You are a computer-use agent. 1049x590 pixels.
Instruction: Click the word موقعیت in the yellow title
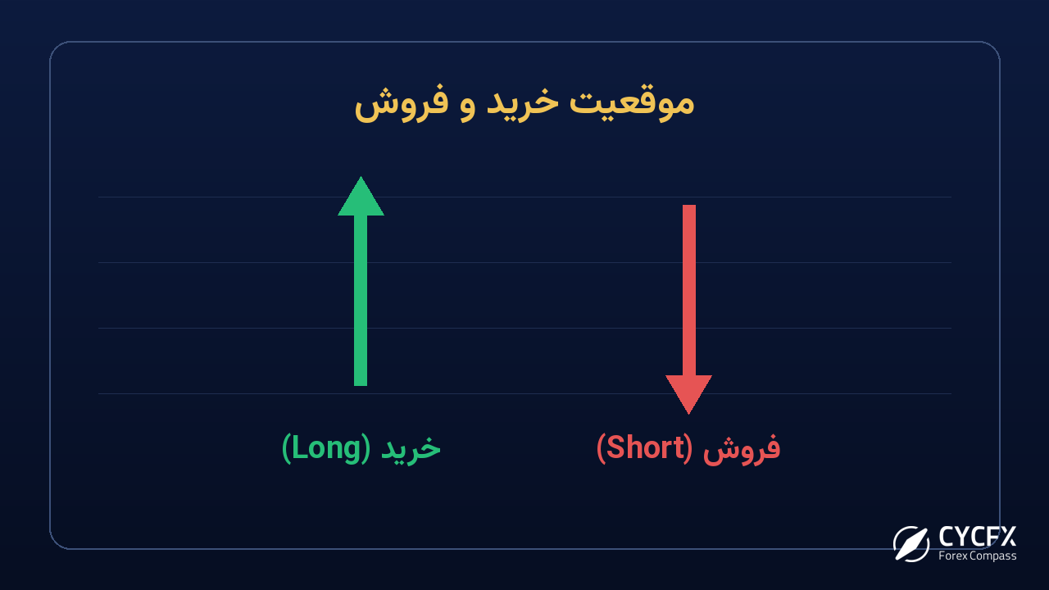tap(631, 103)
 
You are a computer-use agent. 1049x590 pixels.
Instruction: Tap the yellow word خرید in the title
tap(523, 102)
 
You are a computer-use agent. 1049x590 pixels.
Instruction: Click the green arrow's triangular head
tap(361, 198)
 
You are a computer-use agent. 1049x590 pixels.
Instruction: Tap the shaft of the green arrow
tap(361, 301)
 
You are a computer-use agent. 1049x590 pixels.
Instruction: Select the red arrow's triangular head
tap(689, 393)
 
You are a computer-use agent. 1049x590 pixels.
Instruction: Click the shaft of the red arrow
tap(689, 290)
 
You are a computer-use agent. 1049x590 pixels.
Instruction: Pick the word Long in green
tap(326, 448)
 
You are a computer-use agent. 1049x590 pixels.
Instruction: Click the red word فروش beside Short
tap(742, 448)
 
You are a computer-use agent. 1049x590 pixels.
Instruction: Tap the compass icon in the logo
tap(910, 543)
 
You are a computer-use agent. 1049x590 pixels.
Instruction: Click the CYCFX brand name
tap(978, 537)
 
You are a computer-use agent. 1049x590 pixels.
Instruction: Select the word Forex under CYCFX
tap(953, 556)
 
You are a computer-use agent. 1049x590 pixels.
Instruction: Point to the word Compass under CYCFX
tap(993, 556)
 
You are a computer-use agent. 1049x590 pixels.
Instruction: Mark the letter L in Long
tap(299, 447)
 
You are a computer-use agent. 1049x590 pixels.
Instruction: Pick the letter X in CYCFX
tap(1008, 537)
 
